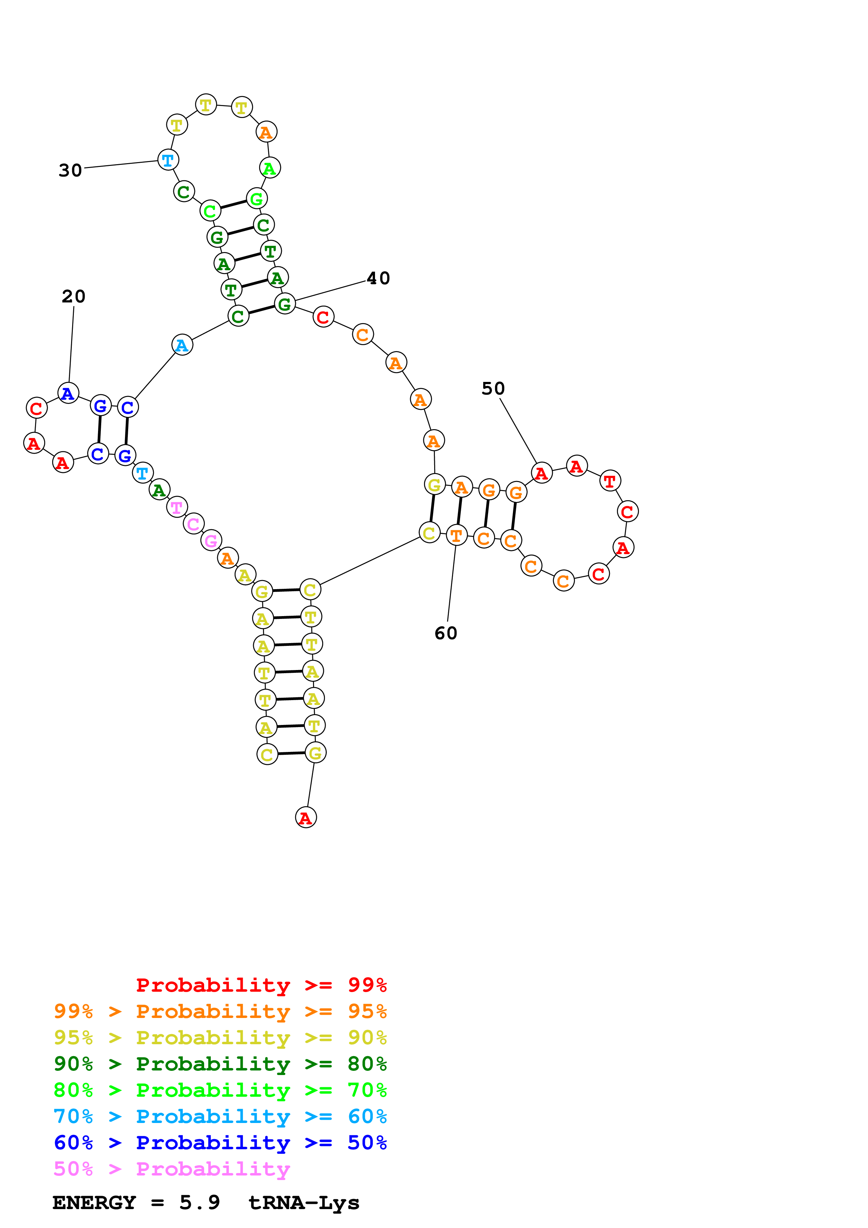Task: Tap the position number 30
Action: (x=70, y=170)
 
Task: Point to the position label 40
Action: (x=378, y=278)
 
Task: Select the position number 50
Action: (x=493, y=388)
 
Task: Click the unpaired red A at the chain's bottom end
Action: (x=306, y=817)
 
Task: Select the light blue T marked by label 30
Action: (x=168, y=160)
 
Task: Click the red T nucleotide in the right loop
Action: (x=610, y=481)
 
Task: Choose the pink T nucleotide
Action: (x=176, y=507)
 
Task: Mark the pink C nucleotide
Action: (x=194, y=524)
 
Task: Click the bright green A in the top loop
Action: (x=270, y=168)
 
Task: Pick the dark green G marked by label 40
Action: (x=285, y=304)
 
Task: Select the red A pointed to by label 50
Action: (x=541, y=473)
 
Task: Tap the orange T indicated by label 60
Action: (x=456, y=535)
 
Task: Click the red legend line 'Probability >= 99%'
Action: (x=261, y=985)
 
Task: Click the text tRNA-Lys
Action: (x=304, y=1203)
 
